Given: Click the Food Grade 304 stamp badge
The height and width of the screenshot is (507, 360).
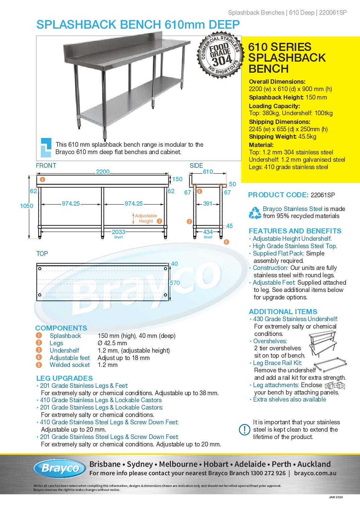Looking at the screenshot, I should pyautogui.click(x=220, y=56).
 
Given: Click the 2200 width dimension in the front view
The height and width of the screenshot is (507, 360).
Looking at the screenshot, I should pyautogui.click(x=103, y=172).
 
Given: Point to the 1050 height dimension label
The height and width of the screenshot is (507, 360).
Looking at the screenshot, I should pyautogui.click(x=27, y=206).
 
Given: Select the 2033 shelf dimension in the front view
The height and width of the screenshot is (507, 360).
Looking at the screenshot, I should pyautogui.click(x=118, y=232).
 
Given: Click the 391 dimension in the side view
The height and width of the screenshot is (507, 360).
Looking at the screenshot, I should pyautogui.click(x=208, y=204).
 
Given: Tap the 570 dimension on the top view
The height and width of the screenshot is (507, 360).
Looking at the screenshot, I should pyautogui.click(x=175, y=283).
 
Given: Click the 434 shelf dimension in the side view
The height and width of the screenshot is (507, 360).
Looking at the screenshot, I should pyautogui.click(x=208, y=232).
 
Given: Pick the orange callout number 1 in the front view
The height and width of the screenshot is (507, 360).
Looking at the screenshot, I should pyautogui.click(x=42, y=179).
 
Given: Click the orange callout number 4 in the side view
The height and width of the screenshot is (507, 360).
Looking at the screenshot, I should pyautogui.click(x=227, y=242).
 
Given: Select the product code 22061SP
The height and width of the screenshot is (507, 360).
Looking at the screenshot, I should pyautogui.click(x=323, y=195).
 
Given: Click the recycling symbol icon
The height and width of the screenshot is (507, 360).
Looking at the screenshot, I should pyautogui.click(x=255, y=213).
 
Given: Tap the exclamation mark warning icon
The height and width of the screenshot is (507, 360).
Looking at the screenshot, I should pyautogui.click(x=245, y=430).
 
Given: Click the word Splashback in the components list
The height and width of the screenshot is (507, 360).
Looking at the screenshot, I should pyautogui.click(x=65, y=336).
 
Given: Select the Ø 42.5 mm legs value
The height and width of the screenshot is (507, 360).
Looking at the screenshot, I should pyautogui.click(x=112, y=343).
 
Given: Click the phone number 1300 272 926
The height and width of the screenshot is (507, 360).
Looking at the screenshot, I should pyautogui.click(x=268, y=473).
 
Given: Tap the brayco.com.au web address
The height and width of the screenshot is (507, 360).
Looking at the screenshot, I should pyautogui.click(x=315, y=473).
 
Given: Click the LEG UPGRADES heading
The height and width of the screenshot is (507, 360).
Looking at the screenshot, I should pyautogui.click(x=65, y=378).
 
